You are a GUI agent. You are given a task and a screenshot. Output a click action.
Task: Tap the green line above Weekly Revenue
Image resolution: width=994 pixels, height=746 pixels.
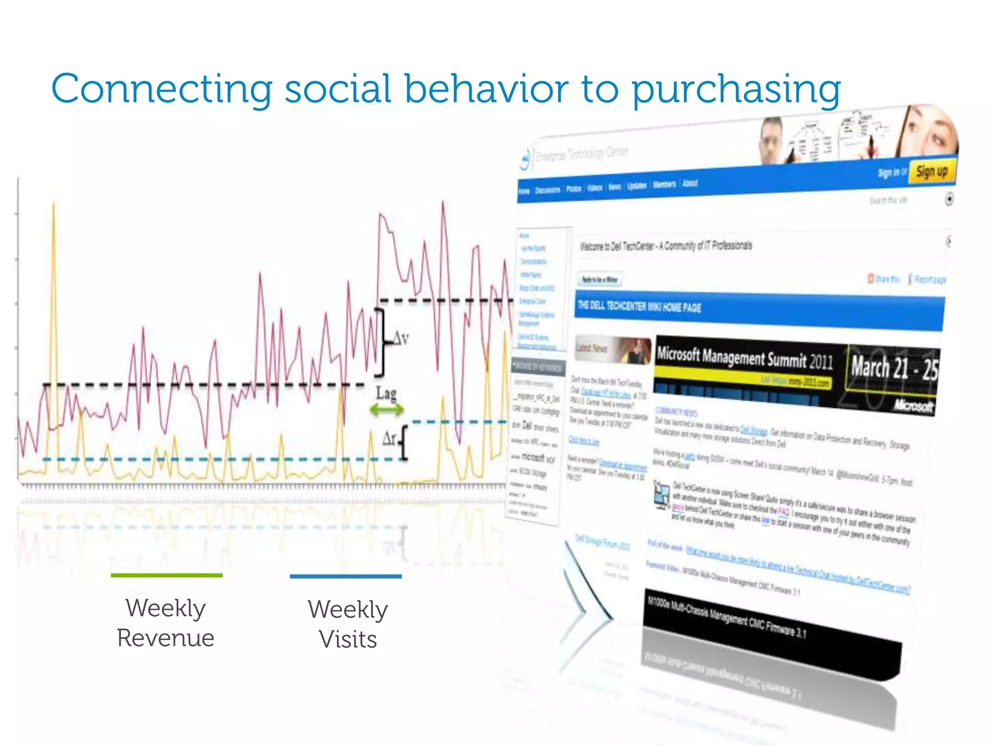click(166, 576)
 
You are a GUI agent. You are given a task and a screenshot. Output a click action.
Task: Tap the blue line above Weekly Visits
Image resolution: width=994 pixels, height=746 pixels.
click(346, 576)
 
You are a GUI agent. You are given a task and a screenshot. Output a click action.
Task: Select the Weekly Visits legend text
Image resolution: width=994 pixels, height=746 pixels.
click(348, 624)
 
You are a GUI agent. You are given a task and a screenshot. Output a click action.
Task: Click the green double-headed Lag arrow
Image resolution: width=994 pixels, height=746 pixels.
click(386, 410)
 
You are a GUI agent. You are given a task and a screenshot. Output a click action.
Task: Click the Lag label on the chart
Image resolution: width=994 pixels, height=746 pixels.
click(386, 393)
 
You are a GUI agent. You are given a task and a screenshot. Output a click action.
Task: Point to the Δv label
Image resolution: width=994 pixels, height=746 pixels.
click(400, 338)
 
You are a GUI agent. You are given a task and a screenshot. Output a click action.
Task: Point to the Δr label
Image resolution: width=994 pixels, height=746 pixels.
click(390, 439)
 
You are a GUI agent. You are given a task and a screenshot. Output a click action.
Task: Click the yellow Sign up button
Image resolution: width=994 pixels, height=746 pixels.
click(931, 171)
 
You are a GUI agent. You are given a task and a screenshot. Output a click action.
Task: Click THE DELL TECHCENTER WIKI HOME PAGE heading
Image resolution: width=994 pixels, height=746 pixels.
click(639, 306)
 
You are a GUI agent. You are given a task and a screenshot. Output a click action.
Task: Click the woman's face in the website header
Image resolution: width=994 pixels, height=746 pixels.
click(929, 131)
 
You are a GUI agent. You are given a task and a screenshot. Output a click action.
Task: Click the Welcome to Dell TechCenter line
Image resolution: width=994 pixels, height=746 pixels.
click(665, 246)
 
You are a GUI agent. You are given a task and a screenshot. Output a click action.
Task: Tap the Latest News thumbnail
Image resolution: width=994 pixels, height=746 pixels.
click(613, 349)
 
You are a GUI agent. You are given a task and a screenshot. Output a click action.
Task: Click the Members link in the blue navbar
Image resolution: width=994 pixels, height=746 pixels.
click(664, 185)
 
